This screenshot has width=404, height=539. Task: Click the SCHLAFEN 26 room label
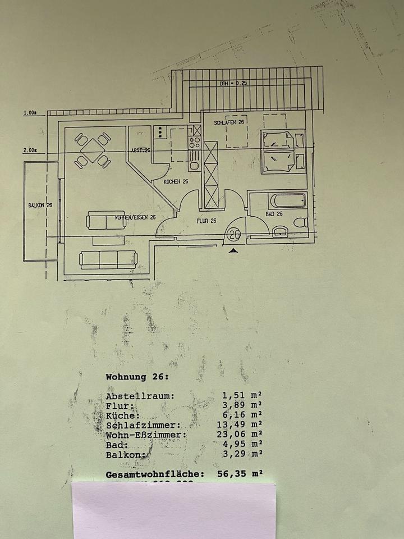[x=228, y=122]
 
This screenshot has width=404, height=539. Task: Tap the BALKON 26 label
[x=40, y=205]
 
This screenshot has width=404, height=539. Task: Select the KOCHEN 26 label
[x=176, y=182]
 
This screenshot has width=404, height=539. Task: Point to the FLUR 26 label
[x=206, y=221]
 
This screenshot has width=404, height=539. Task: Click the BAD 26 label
[x=274, y=214]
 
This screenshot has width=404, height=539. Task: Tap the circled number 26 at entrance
[x=234, y=234]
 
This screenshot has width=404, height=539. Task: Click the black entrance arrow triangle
[x=234, y=252]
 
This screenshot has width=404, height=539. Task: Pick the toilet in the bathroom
[x=301, y=222]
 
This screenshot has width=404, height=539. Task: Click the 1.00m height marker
[x=30, y=113]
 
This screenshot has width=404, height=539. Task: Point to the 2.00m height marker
[x=30, y=150]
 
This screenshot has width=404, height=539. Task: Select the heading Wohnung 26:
[x=137, y=377]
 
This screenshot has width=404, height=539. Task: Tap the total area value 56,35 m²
[x=239, y=474]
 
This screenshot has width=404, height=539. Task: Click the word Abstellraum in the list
[x=140, y=396]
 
